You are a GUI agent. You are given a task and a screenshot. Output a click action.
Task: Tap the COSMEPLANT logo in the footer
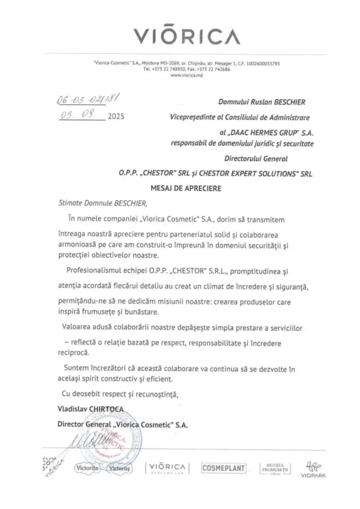[x=223, y=468]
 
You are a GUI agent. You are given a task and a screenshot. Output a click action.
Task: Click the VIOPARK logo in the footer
[x=313, y=469]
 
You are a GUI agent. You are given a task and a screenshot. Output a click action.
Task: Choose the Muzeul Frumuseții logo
[x=276, y=468]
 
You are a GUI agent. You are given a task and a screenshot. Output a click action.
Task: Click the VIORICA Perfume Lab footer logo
[x=167, y=468]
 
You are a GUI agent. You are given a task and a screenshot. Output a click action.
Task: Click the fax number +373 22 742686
[x=213, y=69]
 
